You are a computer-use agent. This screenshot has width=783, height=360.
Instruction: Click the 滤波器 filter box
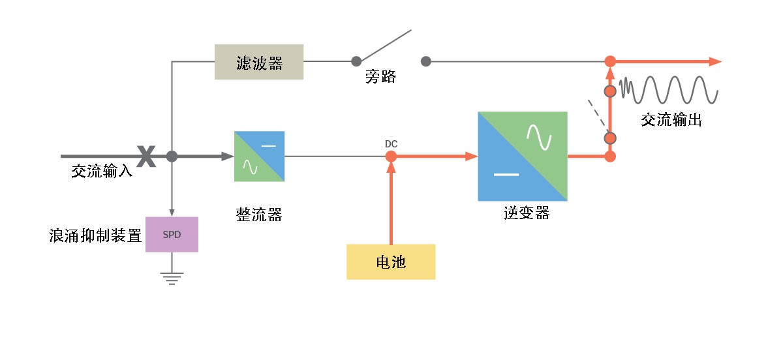(x=259, y=62)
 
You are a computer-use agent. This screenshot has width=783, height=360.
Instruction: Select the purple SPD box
(x=172, y=234)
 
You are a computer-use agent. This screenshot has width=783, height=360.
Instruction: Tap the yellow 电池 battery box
(x=391, y=262)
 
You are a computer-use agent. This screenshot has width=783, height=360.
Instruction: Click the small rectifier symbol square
(x=259, y=157)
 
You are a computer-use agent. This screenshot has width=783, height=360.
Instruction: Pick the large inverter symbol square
(x=523, y=157)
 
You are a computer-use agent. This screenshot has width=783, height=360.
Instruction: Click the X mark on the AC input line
(x=146, y=157)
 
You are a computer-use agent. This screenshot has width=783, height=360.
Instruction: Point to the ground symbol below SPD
(x=172, y=278)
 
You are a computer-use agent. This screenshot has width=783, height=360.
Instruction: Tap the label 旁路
(x=380, y=78)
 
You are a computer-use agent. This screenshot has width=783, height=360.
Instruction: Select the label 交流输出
(x=671, y=120)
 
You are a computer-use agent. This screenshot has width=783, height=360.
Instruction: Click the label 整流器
(x=259, y=215)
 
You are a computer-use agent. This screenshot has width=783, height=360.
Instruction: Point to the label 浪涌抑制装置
(x=96, y=235)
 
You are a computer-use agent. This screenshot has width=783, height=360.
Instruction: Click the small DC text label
(x=391, y=143)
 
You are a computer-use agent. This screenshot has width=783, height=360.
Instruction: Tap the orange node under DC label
(x=391, y=157)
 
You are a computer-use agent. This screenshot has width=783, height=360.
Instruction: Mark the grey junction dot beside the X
(x=172, y=157)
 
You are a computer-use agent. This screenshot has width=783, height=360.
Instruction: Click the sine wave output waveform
(x=669, y=89)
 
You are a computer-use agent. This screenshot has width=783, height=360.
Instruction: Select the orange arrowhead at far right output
(x=715, y=61)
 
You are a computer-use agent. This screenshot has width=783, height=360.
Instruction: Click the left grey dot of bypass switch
(x=356, y=61)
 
